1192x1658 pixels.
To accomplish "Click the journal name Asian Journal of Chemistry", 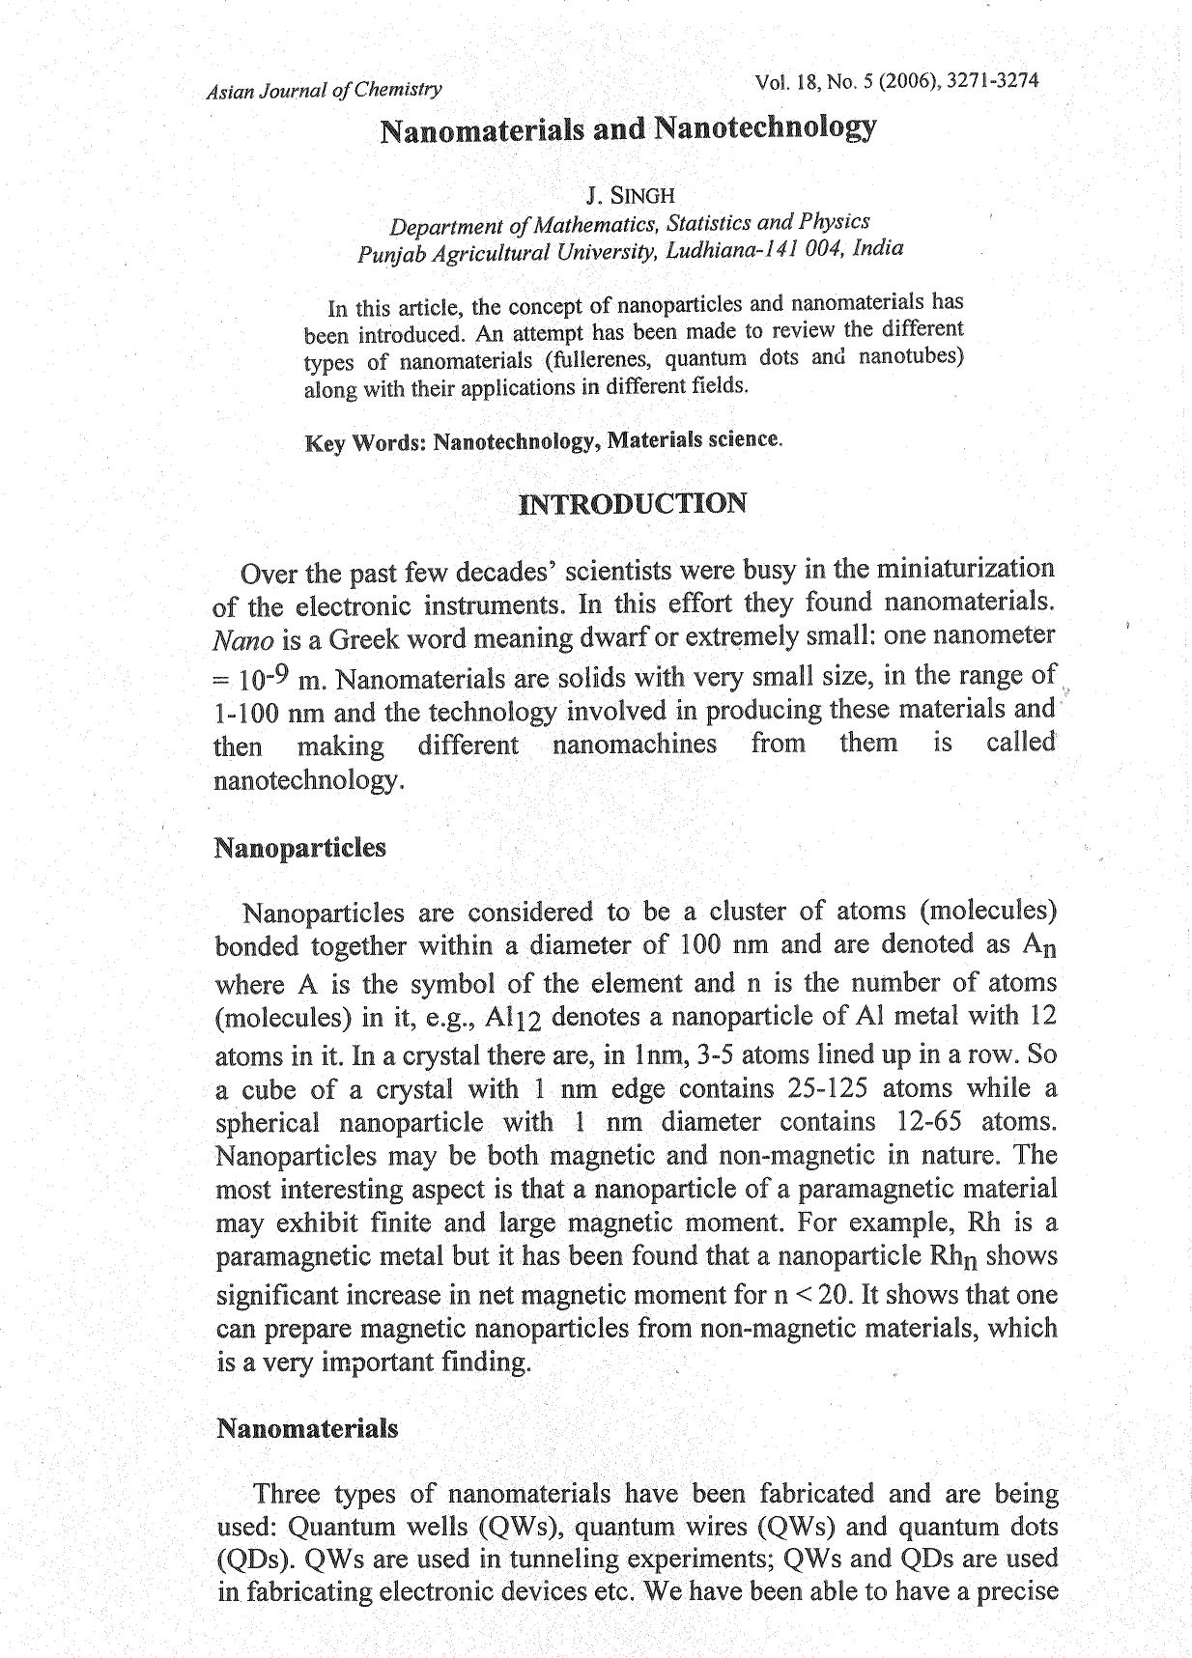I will [x=324, y=91].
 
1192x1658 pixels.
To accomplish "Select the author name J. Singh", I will [x=630, y=196].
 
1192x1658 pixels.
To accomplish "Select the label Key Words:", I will [x=365, y=444].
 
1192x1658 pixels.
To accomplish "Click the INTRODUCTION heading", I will [x=633, y=504].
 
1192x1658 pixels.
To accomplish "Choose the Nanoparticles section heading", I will [x=299, y=848].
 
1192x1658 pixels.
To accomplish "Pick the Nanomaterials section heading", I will [x=306, y=1428].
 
